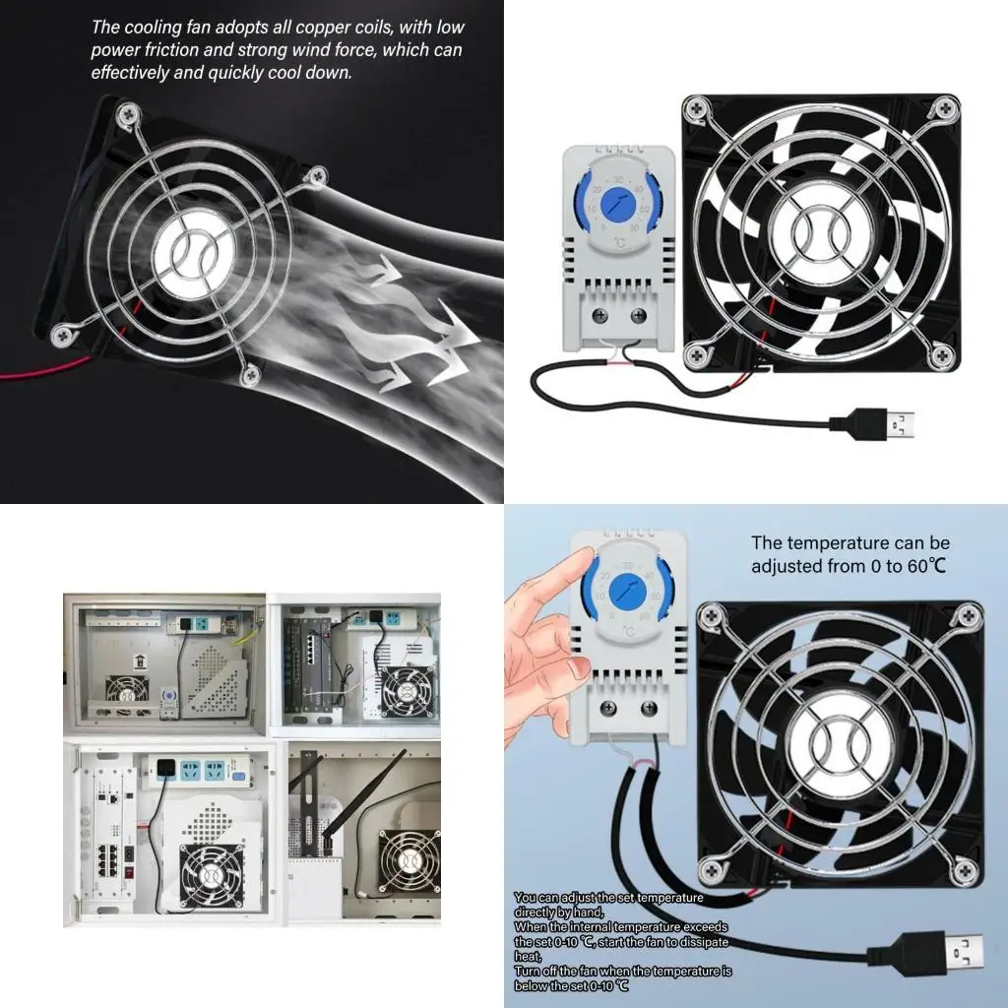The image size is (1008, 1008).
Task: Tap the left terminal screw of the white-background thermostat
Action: click(x=601, y=316)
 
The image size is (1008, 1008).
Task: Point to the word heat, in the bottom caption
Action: click(x=529, y=956)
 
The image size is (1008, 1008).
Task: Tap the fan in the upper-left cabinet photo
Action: click(x=127, y=691)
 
